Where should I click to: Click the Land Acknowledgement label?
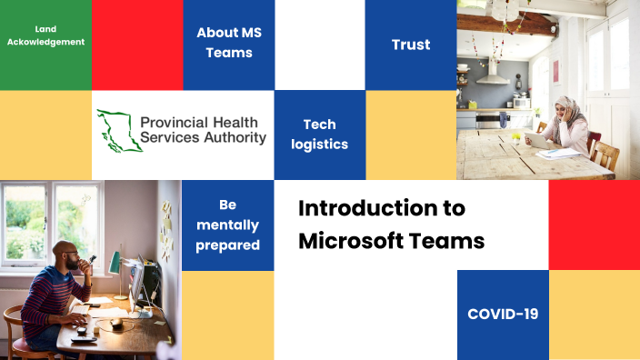click(x=45, y=35)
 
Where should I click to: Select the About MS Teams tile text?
click(x=228, y=43)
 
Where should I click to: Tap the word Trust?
click(x=411, y=44)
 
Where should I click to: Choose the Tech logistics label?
click(x=319, y=134)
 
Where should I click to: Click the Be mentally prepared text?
click(x=227, y=225)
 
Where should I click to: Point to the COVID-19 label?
click(x=503, y=314)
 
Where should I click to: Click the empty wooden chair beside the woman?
click(x=605, y=155)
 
